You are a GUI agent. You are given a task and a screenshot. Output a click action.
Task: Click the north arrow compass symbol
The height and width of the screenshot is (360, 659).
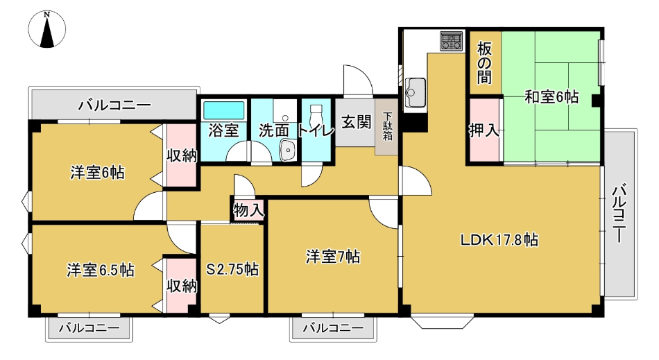(x=46, y=29)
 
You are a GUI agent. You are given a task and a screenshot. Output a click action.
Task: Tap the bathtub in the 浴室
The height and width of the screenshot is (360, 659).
(x=223, y=110)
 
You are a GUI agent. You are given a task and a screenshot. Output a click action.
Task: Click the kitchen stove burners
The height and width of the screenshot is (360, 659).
(x=451, y=41)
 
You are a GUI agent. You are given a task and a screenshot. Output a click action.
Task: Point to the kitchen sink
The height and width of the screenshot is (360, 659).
(x=415, y=92)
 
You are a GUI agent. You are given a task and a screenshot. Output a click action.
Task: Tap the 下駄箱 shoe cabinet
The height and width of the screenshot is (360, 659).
(x=387, y=126)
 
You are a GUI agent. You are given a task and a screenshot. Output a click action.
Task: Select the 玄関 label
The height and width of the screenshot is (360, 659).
(x=356, y=122)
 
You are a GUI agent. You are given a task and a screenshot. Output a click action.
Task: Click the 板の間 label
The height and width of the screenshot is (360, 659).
(x=484, y=63)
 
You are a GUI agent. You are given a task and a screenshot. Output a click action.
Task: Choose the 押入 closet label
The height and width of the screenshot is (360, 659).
(x=484, y=130)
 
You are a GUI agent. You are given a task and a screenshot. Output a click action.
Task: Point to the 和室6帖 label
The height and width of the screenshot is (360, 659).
(x=551, y=97)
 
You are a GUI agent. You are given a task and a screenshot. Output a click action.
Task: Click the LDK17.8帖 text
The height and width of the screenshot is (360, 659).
(x=499, y=240)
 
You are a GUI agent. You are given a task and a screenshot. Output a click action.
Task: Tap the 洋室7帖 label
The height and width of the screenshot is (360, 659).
(x=333, y=256)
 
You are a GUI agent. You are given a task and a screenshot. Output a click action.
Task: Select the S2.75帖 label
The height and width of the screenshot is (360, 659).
(x=232, y=269)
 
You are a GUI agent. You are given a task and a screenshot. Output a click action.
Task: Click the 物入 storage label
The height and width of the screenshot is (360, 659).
(x=248, y=210)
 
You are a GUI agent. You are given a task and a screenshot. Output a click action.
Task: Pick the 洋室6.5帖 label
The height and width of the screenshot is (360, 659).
(x=101, y=270)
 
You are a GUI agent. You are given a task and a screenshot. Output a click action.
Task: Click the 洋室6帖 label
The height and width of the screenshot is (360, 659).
(x=97, y=173)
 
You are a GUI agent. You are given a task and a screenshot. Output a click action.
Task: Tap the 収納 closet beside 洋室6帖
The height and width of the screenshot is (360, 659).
(x=182, y=155)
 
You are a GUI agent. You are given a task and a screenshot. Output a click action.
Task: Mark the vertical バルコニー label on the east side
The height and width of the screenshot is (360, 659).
(x=619, y=214)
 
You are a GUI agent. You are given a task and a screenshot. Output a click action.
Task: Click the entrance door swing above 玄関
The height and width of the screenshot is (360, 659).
(x=358, y=80)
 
